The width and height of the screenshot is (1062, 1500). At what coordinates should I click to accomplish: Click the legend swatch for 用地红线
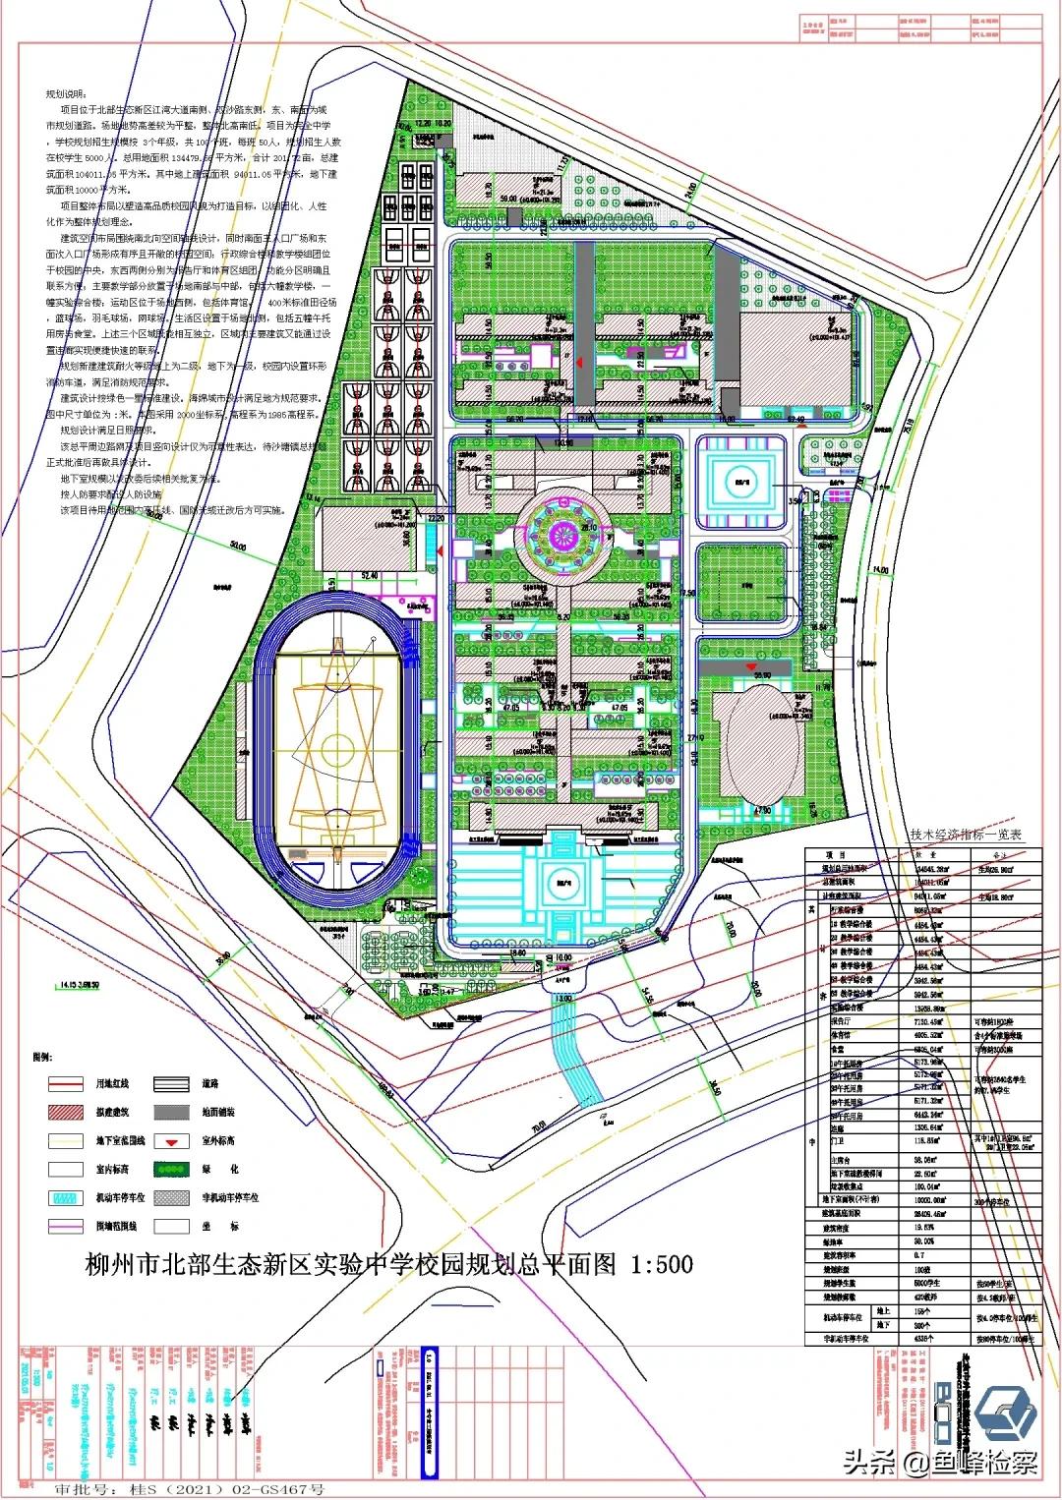66,1083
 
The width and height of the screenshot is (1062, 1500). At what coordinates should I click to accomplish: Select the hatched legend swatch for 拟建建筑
66,1112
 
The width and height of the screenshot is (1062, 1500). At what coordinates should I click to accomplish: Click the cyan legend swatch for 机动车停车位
66,1198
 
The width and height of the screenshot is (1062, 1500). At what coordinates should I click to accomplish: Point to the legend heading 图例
42,1057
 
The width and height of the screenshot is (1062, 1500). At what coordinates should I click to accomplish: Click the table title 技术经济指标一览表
966,835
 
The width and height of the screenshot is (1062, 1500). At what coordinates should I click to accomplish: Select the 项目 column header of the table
836,855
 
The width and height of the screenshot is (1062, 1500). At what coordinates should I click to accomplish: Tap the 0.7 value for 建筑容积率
919,1255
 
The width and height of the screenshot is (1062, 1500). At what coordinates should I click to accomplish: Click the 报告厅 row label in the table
841,1021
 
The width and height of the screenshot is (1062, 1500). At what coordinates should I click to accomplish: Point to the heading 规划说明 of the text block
66,93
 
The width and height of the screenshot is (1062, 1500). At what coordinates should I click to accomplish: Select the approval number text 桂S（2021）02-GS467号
226,1488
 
